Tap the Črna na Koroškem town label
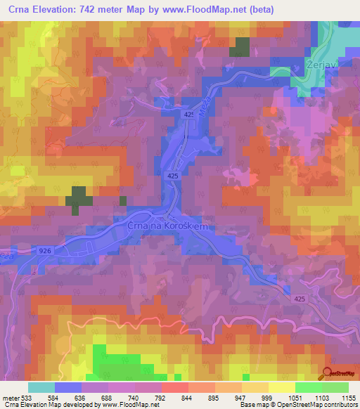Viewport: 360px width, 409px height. [169, 226]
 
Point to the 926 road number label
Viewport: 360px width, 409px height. [46, 250]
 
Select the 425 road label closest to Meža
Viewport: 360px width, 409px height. [188, 114]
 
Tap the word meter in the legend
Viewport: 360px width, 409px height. [10, 397]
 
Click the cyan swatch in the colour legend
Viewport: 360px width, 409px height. [41, 387]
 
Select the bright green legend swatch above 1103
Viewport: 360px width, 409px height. [308, 387]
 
